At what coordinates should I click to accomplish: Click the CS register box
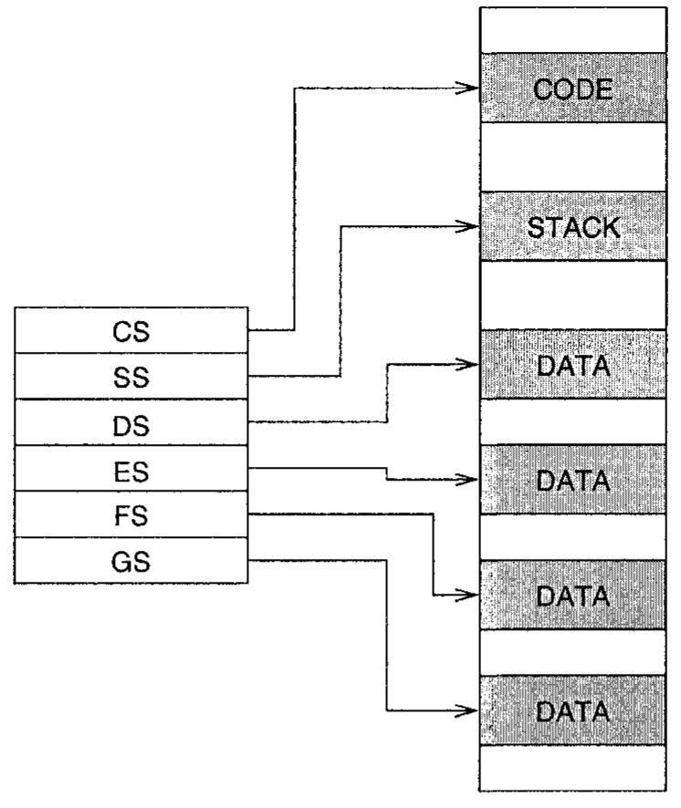coord(131,332)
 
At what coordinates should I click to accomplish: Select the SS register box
coord(131,377)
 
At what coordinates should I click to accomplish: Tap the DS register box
coord(131,423)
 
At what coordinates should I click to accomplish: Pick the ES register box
coord(131,469)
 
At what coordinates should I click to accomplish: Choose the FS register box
coord(131,514)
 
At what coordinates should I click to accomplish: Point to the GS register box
coord(131,560)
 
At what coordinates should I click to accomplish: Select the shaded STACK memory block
coord(573,226)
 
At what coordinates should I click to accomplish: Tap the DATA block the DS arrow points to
coord(573,364)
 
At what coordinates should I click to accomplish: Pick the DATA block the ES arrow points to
coord(573,480)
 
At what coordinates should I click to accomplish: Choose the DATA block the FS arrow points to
coord(573,596)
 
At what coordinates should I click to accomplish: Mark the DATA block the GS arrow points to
coord(573,710)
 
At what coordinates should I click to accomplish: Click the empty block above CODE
coord(573,30)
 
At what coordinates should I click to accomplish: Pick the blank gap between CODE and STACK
coord(573,157)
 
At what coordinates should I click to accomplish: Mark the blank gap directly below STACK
coord(573,295)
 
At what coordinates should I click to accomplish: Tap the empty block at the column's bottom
coord(573,767)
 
